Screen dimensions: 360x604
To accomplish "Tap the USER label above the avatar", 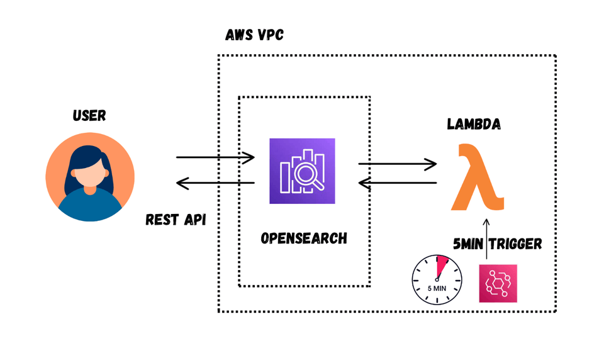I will point(89,116).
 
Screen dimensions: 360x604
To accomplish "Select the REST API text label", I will point(177,220).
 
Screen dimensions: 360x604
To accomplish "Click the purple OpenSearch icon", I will point(302,171).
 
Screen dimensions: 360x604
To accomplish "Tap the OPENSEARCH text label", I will point(304,239).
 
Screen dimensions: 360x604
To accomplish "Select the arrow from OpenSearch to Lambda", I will point(397,164).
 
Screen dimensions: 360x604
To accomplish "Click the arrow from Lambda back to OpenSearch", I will point(397,183).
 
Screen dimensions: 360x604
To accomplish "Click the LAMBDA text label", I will point(474,124).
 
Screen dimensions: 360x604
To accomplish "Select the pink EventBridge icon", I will point(498,283).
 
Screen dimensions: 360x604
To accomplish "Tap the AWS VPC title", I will point(255,35).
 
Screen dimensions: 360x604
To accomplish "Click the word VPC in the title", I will point(272,35).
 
